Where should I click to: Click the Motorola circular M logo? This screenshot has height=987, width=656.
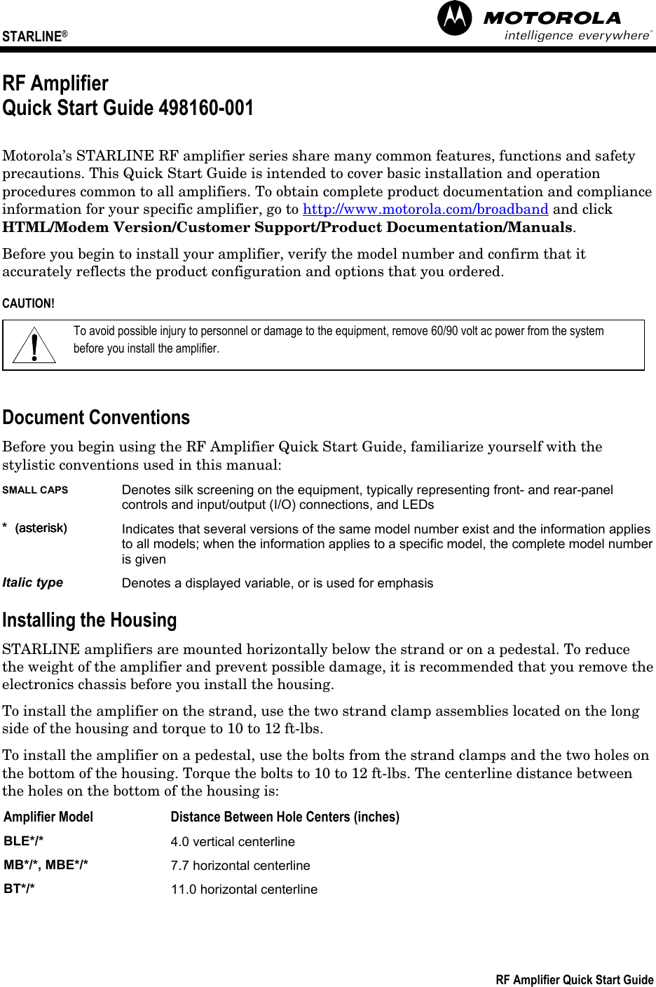click(x=455, y=19)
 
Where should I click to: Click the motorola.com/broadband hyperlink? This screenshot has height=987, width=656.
click(x=425, y=210)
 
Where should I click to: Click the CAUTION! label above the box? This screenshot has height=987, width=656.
click(x=28, y=304)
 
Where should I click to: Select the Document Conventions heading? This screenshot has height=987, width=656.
click(x=96, y=418)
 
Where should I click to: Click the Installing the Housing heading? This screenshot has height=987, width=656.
click(x=90, y=620)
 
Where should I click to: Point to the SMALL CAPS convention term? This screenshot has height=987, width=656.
click(x=35, y=490)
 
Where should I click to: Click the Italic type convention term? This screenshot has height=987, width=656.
click(x=33, y=583)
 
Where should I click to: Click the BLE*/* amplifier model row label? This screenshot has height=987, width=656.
click(x=23, y=841)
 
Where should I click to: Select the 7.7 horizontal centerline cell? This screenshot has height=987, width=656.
click(x=240, y=866)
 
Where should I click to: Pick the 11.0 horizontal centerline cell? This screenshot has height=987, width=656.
click(x=244, y=890)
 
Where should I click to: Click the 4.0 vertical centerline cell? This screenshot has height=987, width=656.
click(x=233, y=842)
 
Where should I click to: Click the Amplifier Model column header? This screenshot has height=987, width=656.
click(x=48, y=817)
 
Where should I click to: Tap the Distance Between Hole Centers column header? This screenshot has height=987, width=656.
click(x=285, y=817)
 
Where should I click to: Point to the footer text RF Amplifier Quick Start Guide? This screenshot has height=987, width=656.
click(x=574, y=980)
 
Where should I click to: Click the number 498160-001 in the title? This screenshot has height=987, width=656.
click(x=206, y=109)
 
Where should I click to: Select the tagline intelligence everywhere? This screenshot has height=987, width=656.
click(x=577, y=36)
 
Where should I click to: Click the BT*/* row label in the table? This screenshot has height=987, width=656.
click(x=20, y=889)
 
